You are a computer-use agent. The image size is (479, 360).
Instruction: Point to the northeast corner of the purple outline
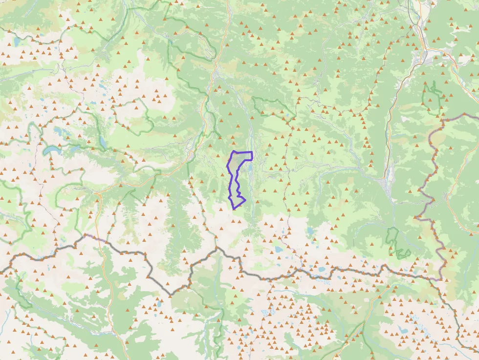pos(252,153)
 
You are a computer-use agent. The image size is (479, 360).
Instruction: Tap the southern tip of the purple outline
pos(234,209)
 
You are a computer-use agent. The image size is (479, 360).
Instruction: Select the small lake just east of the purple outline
pos(250,169)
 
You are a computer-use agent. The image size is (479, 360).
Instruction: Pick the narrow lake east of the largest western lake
pos(103,142)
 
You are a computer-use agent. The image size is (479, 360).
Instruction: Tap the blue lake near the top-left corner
pos(16,42)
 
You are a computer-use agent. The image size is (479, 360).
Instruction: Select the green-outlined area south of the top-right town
pos(432,98)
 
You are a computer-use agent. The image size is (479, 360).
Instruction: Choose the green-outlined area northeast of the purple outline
pos(274,107)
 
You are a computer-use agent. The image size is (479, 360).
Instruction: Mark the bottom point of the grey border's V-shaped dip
pos(171,295)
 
